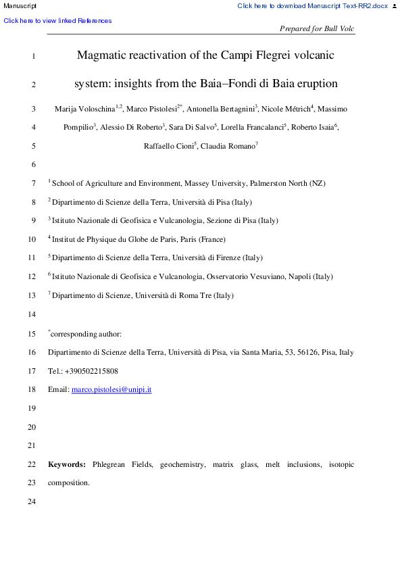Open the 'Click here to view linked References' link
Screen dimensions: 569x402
point(58,21)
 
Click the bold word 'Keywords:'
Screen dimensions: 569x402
point(67,465)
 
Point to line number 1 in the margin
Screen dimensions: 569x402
point(33,55)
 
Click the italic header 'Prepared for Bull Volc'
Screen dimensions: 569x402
point(316,29)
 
